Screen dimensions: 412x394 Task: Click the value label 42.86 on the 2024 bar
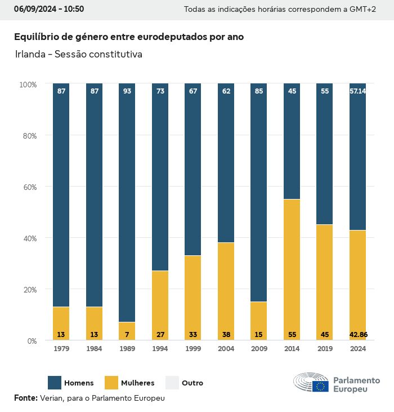click(x=358, y=335)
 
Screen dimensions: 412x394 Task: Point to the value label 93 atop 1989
click(x=127, y=91)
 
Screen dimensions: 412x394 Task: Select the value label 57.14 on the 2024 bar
click(x=358, y=91)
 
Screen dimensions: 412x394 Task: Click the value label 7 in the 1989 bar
click(x=127, y=335)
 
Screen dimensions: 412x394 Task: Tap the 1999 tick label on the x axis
click(x=192, y=349)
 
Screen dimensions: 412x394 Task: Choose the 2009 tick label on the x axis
click(x=259, y=349)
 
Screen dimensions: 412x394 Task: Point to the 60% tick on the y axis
click(x=28, y=187)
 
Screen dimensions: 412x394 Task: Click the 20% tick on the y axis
click(x=28, y=290)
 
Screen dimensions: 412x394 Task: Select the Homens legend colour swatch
click(x=55, y=383)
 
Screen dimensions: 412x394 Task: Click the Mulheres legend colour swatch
click(x=111, y=383)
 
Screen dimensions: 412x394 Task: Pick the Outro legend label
click(x=192, y=383)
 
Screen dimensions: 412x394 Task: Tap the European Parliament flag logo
click(x=321, y=386)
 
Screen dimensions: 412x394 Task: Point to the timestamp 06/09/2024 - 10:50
click(x=49, y=10)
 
